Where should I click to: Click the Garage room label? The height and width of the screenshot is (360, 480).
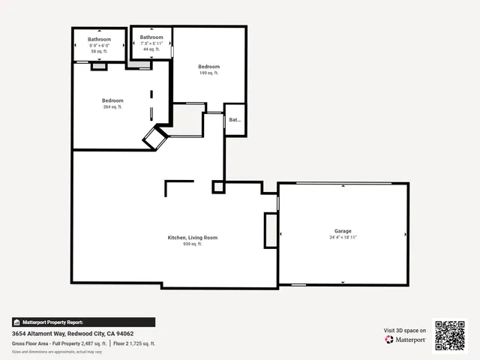(343, 231)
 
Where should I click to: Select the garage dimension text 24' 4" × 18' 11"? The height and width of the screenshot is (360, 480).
(343, 238)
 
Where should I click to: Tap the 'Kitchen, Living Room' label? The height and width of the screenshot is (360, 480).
(193, 238)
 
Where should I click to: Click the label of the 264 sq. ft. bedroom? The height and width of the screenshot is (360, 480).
(112, 100)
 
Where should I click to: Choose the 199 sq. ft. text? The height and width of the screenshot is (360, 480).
(208, 73)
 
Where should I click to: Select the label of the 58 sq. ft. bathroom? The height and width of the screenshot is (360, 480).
(99, 39)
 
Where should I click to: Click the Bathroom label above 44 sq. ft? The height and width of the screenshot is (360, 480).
(151, 37)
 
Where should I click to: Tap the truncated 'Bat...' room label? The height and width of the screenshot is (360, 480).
(235, 120)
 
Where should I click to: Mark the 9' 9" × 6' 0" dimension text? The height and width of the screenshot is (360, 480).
(99, 45)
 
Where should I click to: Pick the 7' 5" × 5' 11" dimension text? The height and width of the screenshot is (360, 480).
(151, 43)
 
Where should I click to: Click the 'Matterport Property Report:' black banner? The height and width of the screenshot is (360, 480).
(83, 322)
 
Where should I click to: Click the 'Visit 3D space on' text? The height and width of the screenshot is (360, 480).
(405, 330)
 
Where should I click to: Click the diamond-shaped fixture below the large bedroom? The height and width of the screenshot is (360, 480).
(156, 138)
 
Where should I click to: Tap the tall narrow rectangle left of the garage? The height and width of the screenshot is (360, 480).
(271, 229)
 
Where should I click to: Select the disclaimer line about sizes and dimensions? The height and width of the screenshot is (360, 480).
(57, 352)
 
